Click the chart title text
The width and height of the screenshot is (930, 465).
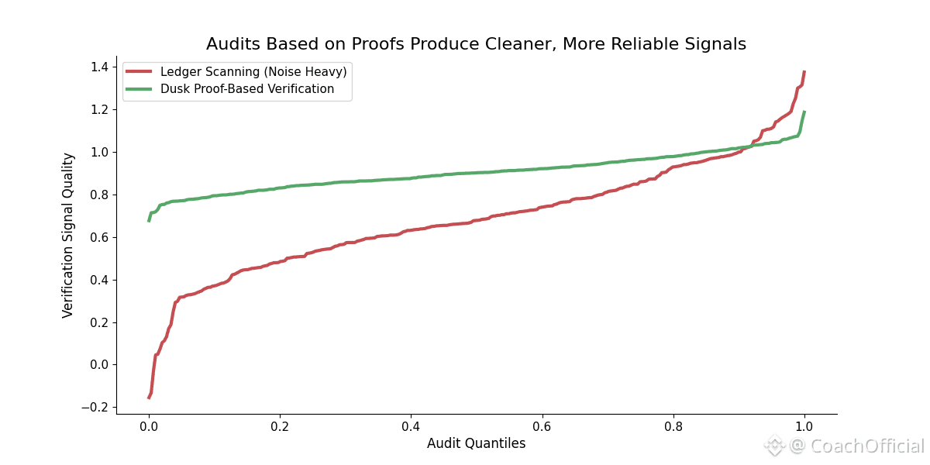coord(476,44)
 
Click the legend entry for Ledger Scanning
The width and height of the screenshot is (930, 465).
coord(253,71)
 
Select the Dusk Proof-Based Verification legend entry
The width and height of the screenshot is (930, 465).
coord(246,89)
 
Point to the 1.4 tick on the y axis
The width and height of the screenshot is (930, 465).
coord(98,67)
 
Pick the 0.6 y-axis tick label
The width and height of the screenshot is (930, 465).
coord(98,237)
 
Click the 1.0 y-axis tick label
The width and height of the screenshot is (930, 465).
coord(98,152)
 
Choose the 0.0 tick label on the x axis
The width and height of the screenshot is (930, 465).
coord(149,426)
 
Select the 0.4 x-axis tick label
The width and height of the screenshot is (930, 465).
coord(411,426)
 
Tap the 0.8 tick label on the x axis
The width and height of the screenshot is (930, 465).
coord(673,426)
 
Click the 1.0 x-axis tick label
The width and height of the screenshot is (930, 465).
coord(804,426)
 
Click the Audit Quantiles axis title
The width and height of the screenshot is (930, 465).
coord(476,443)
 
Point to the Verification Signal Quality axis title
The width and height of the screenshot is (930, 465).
coord(68,235)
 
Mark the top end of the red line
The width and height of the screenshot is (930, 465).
coord(804,71)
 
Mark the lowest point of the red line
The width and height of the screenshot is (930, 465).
coord(149,398)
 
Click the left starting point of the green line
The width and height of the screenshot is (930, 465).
coord(149,221)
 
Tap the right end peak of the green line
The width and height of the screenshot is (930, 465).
coord(804,112)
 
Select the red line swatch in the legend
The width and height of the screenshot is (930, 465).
coord(139,71)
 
